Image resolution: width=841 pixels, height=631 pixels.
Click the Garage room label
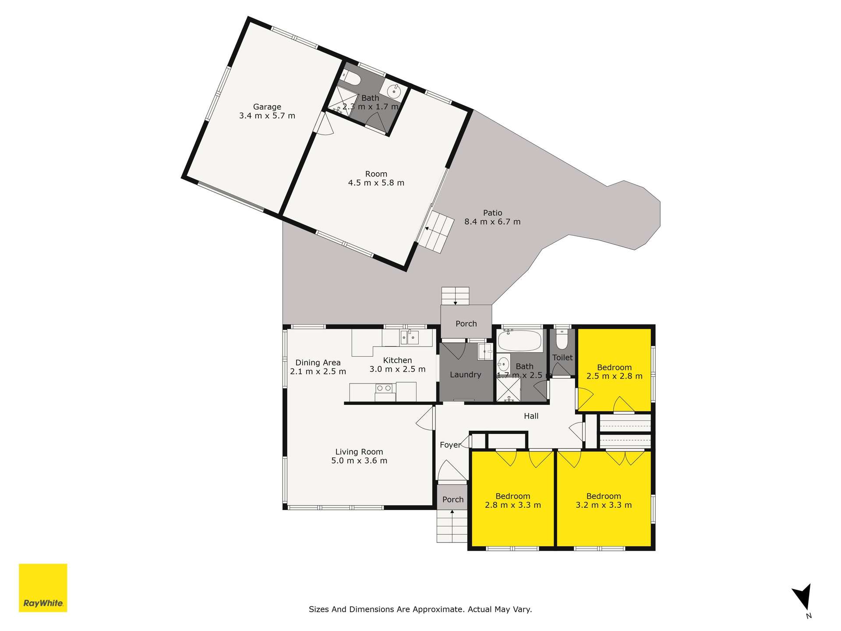(x=267, y=107)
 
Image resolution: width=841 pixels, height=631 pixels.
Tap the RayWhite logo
(x=43, y=588)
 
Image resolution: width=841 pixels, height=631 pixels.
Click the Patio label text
(x=492, y=213)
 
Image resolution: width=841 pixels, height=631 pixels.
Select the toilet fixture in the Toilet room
(x=562, y=338)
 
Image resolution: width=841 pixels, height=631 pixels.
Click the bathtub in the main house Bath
(x=520, y=341)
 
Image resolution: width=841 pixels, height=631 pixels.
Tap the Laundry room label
(x=465, y=375)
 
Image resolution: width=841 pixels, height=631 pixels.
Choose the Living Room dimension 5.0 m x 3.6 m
(x=359, y=461)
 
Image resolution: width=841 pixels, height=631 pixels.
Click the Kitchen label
(x=397, y=360)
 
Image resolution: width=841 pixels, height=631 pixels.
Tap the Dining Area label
(x=318, y=362)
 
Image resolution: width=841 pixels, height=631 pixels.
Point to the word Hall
(x=531, y=416)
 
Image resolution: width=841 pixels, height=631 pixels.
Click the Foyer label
(x=450, y=445)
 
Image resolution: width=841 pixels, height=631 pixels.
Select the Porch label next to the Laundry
(x=466, y=324)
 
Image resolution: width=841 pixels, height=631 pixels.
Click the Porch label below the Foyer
(x=453, y=500)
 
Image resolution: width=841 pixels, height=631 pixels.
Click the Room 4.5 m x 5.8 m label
(x=376, y=178)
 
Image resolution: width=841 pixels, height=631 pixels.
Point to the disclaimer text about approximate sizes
(x=420, y=609)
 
